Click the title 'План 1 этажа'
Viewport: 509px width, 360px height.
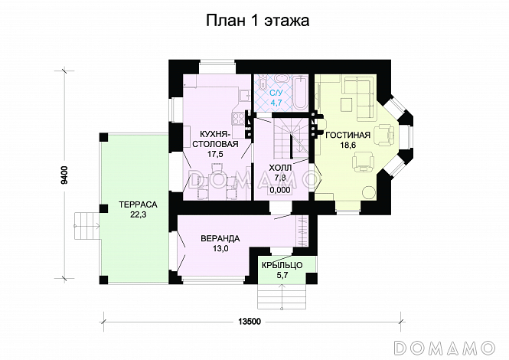[256, 21]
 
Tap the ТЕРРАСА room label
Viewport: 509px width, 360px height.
[138, 205]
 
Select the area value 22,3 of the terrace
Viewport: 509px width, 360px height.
[138, 217]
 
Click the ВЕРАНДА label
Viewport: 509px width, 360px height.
[219, 237]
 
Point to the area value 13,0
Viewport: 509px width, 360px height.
[219, 249]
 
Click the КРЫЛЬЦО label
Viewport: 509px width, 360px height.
[282, 264]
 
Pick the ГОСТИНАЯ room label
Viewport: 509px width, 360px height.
[347, 136]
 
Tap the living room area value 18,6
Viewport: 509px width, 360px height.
[347, 146]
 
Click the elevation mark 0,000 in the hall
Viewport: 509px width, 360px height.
[280, 189]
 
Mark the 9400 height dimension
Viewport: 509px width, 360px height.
[66, 176]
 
